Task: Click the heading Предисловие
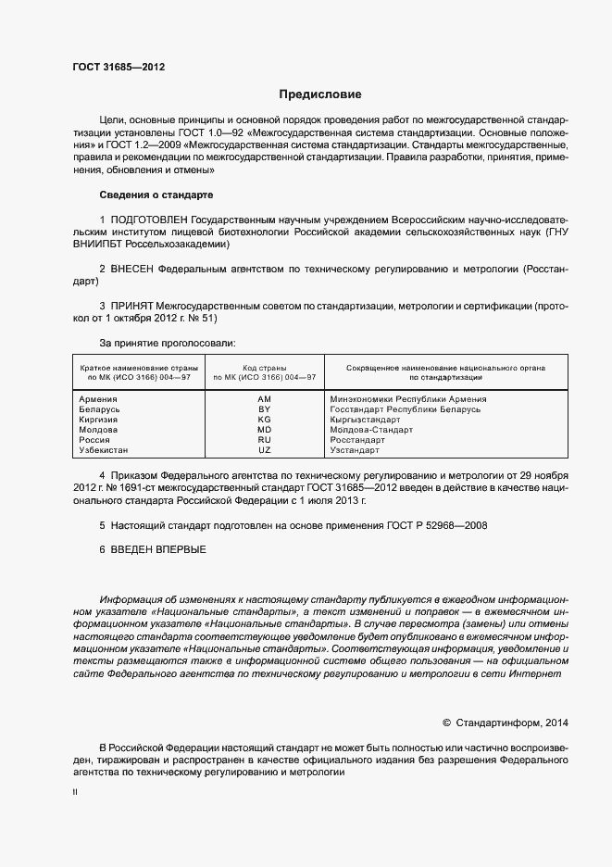(x=320, y=94)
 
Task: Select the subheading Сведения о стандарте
(x=156, y=195)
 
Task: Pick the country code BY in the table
(x=264, y=409)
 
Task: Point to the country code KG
(x=264, y=420)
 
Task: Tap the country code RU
(x=264, y=440)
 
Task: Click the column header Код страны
(x=264, y=368)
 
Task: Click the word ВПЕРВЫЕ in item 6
(x=183, y=549)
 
